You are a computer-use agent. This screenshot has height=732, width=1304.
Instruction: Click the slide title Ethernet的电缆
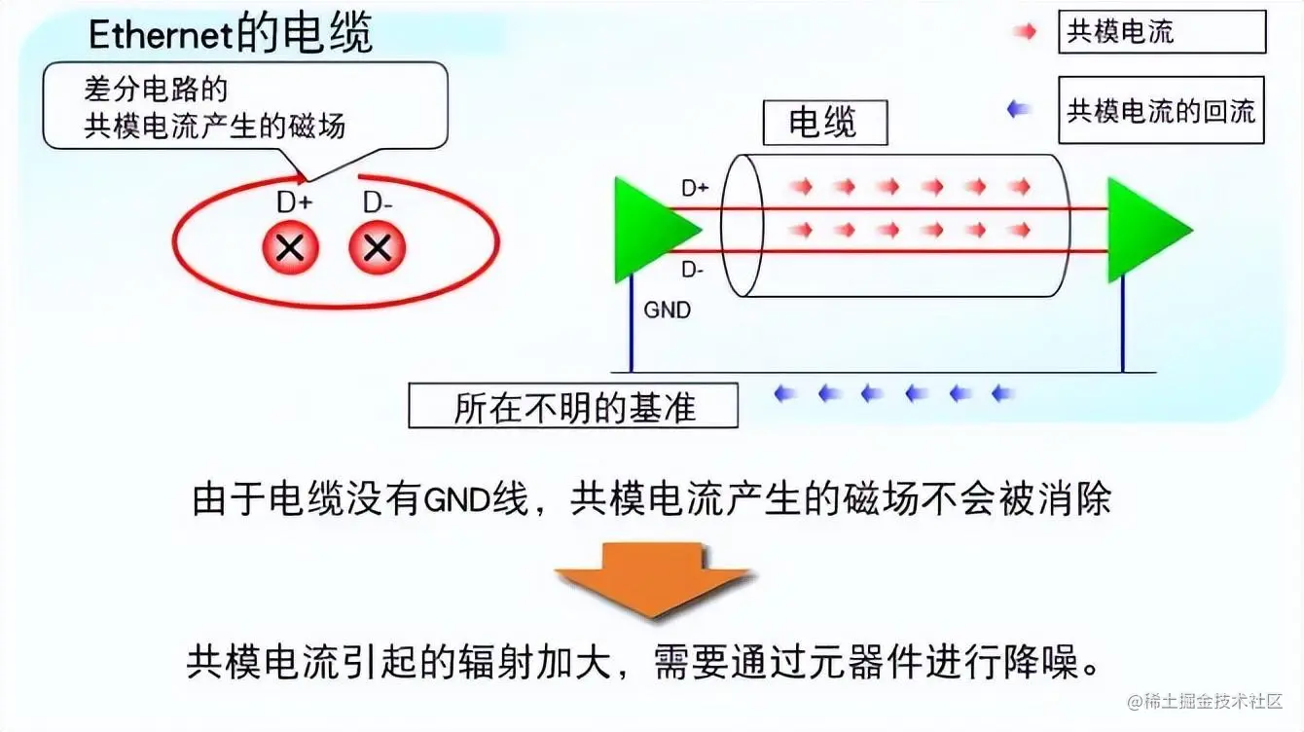pyautogui.click(x=230, y=35)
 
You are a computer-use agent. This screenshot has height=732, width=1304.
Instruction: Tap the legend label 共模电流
pyautogui.click(x=1120, y=32)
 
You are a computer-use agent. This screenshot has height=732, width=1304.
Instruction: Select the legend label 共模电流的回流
pyautogui.click(x=1161, y=111)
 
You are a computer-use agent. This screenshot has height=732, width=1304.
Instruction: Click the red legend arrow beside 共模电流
pyautogui.click(x=1025, y=32)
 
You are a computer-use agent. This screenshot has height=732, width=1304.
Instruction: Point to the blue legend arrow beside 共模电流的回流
pyautogui.click(x=1019, y=110)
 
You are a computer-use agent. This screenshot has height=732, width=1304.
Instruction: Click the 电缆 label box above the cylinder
pyautogui.click(x=823, y=124)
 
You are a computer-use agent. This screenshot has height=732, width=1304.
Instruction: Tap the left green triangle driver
pyautogui.click(x=650, y=231)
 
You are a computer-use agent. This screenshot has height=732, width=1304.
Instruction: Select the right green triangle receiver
pyautogui.click(x=1143, y=231)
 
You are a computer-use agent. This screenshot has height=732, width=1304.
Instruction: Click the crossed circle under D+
pyautogui.click(x=290, y=248)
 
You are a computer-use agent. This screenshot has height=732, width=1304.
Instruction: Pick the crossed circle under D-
pyautogui.click(x=377, y=248)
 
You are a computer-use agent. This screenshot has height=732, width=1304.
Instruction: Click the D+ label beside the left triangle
pyautogui.click(x=695, y=189)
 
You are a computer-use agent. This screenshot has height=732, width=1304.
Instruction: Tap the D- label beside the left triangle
pyautogui.click(x=694, y=269)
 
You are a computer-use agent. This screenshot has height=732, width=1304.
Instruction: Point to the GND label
pyautogui.click(x=668, y=311)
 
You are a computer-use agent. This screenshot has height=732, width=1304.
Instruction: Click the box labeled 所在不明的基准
pyautogui.click(x=573, y=407)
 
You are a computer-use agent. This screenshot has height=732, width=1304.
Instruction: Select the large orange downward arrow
pyautogui.click(x=651, y=580)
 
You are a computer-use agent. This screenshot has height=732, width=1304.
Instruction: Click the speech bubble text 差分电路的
pyautogui.click(x=156, y=91)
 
